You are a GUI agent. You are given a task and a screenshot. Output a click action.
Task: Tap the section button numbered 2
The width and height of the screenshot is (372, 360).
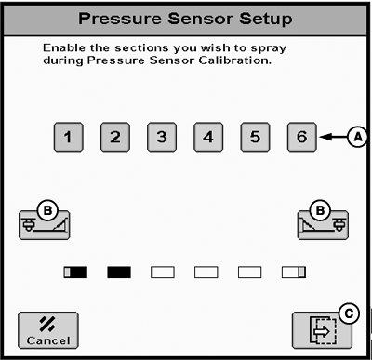[115, 137]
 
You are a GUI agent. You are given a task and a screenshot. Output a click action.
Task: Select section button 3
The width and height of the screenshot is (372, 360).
[162, 137]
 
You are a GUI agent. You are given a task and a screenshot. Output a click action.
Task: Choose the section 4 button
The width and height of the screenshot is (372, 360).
[208, 137]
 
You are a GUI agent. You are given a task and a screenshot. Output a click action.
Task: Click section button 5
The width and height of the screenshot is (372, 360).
[255, 137]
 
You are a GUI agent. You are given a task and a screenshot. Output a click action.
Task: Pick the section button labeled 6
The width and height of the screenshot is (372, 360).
[302, 137]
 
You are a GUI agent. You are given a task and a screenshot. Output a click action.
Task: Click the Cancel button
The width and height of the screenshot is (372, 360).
[48, 330]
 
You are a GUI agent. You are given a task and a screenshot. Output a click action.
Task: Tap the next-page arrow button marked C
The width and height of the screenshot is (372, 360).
[323, 330]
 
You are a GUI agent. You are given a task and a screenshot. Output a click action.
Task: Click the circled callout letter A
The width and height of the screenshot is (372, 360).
[358, 137]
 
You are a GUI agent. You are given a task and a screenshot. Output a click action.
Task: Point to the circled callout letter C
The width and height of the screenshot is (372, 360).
[349, 314]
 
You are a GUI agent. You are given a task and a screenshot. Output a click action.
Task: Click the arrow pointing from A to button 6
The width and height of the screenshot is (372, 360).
[334, 137]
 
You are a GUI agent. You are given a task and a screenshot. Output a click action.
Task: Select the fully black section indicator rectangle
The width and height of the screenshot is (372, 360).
[119, 273]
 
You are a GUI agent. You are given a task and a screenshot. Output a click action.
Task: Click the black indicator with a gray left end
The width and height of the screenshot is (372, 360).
[75, 273]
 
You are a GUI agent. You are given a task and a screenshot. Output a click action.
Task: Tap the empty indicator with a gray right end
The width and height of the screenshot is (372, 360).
[294, 273]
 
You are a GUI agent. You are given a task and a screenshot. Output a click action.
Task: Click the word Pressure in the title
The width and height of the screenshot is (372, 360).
[120, 19]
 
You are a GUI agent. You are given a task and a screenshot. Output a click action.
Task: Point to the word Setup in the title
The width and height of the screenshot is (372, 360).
[265, 20]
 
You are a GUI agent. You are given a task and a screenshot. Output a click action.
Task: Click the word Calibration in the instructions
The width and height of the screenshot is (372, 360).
[235, 60]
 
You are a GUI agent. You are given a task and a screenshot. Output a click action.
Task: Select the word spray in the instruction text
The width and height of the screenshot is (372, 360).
[269, 49]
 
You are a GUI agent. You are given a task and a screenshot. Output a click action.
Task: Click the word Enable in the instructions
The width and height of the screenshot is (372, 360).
[64, 47]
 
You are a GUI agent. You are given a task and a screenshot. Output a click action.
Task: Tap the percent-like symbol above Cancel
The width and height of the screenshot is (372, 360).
[47, 324]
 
